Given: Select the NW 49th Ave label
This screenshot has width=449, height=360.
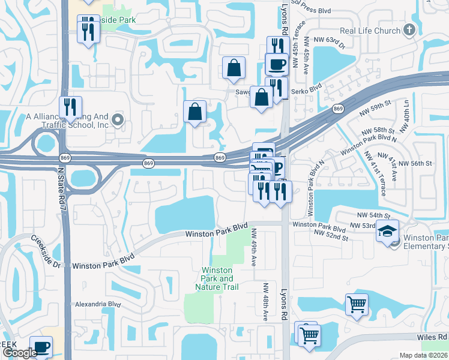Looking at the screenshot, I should (x=254, y=248).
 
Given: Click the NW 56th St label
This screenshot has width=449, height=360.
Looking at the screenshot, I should (x=415, y=163).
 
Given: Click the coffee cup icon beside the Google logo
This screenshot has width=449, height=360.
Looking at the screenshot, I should (x=41, y=347).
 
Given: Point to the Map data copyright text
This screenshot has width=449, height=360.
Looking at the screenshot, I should (x=424, y=355).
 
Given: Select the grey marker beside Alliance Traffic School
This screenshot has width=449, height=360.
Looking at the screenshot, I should (x=118, y=120).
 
